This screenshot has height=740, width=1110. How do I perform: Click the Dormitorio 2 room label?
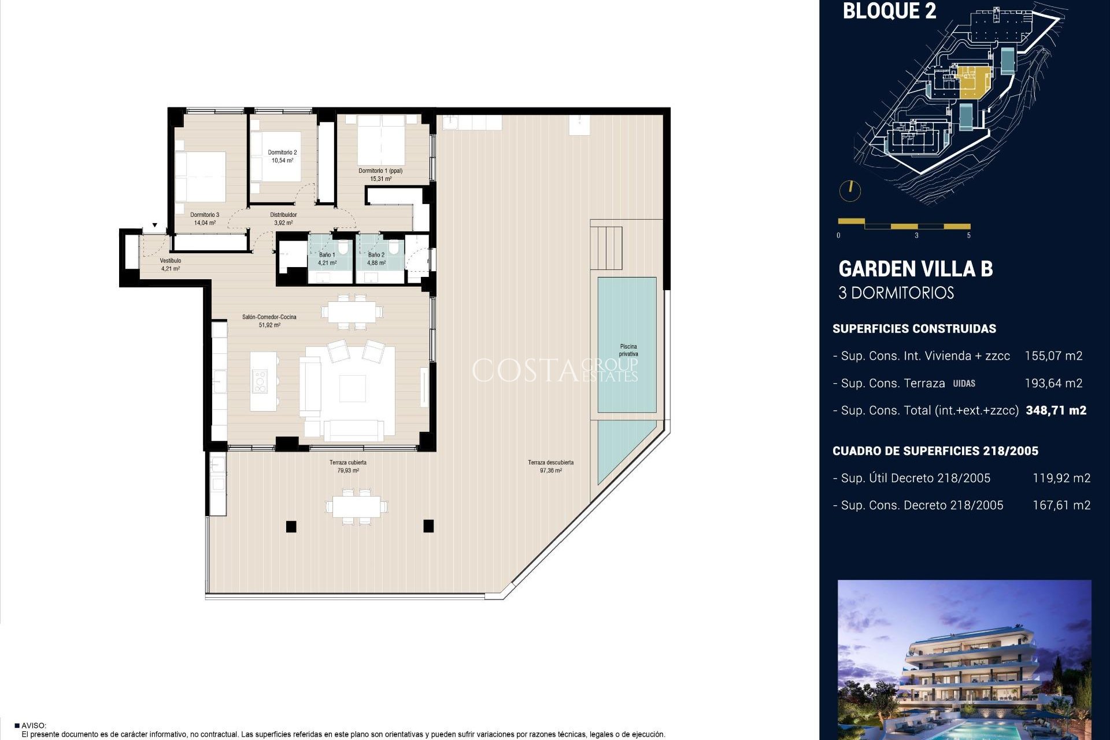pyautogui.click(x=282, y=153)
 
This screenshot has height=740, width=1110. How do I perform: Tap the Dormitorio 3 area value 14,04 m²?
pyautogui.click(x=205, y=223)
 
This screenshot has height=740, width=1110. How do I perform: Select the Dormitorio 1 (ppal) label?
pyautogui.click(x=380, y=171)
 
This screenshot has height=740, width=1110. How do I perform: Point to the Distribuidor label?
pyautogui.click(x=283, y=215)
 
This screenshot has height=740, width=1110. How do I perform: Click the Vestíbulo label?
pyautogui.click(x=171, y=261)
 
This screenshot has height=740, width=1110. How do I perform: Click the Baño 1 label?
pyautogui.click(x=327, y=255)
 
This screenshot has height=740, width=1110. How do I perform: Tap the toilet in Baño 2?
pyautogui.click(x=394, y=249)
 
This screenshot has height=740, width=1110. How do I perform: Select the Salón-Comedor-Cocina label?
pyautogui.click(x=269, y=317)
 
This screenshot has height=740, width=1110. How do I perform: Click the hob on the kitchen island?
pyautogui.click(x=260, y=382)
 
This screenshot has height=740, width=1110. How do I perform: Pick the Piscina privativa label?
pyautogui.click(x=628, y=350)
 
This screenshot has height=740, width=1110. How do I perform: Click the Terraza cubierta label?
pyautogui.click(x=348, y=462)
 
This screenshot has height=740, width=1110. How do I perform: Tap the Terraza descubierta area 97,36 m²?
pyautogui.click(x=550, y=471)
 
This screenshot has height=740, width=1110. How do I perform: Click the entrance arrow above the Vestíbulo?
pyautogui.click(x=155, y=225)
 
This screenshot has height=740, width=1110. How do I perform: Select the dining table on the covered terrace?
pyautogui.click(x=356, y=506)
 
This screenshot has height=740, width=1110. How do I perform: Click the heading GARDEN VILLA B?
pyautogui.click(x=915, y=269)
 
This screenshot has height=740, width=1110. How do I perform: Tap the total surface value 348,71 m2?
pyautogui.click(x=1056, y=410)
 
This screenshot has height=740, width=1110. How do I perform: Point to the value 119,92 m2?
pyautogui.click(x=1061, y=478)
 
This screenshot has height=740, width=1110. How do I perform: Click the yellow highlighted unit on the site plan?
pyautogui.click(x=974, y=90)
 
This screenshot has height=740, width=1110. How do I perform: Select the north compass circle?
pyautogui.click(x=850, y=191)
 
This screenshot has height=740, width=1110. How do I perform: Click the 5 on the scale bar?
pyautogui.click(x=968, y=235)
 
